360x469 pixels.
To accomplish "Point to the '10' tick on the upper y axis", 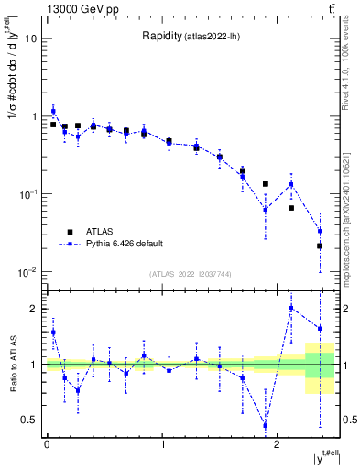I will [30, 38].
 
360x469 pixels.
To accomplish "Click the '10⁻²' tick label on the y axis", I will [27, 272].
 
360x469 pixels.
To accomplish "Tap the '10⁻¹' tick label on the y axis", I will [27, 194].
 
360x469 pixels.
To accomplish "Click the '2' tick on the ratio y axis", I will [36, 309].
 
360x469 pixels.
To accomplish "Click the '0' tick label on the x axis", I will [47, 444].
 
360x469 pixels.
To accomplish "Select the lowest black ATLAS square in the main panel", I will [320, 245].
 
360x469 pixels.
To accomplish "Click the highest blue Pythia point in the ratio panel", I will [291, 308].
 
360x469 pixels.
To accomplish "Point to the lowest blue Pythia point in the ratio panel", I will [266, 425].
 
